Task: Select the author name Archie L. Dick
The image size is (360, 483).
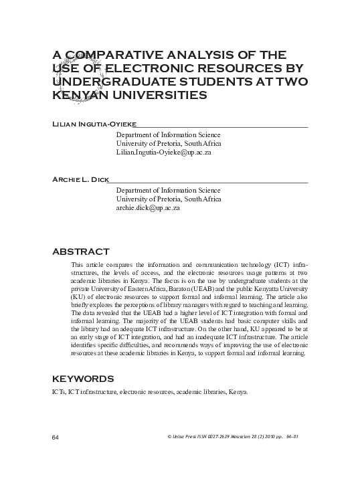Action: (x=79, y=179)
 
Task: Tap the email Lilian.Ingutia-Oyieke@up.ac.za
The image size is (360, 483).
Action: (x=164, y=153)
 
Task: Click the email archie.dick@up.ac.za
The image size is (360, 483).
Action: (x=149, y=209)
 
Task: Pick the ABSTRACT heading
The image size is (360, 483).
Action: (x=80, y=252)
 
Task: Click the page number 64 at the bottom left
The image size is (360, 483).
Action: (x=56, y=437)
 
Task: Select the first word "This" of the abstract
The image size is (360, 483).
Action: (x=78, y=266)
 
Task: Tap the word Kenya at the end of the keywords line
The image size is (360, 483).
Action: (x=237, y=391)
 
